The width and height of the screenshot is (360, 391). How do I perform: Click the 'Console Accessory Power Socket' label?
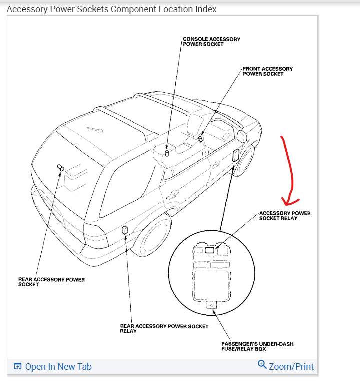tap(211, 41)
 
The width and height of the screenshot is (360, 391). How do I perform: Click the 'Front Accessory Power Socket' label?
tap(268, 71)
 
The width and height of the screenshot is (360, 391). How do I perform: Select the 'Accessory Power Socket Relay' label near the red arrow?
tap(285, 216)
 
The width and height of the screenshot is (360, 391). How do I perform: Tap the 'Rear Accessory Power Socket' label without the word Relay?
tap(51, 282)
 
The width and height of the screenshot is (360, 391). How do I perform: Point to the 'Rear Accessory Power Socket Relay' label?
tap(164, 328)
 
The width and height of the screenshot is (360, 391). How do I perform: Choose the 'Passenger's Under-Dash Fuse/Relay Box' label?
tap(257, 346)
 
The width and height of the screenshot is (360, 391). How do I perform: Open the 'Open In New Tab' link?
tap(58, 367)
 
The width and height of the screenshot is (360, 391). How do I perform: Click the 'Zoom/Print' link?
tap(291, 366)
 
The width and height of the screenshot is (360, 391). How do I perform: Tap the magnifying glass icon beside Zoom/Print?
tap(262, 365)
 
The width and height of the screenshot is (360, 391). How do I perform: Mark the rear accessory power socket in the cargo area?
tap(60, 168)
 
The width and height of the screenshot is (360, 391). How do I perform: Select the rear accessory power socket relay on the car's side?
tap(125, 230)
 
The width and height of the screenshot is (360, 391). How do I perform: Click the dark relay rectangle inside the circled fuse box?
tap(210, 249)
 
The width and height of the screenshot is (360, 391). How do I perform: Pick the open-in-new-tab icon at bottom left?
tap(18, 367)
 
